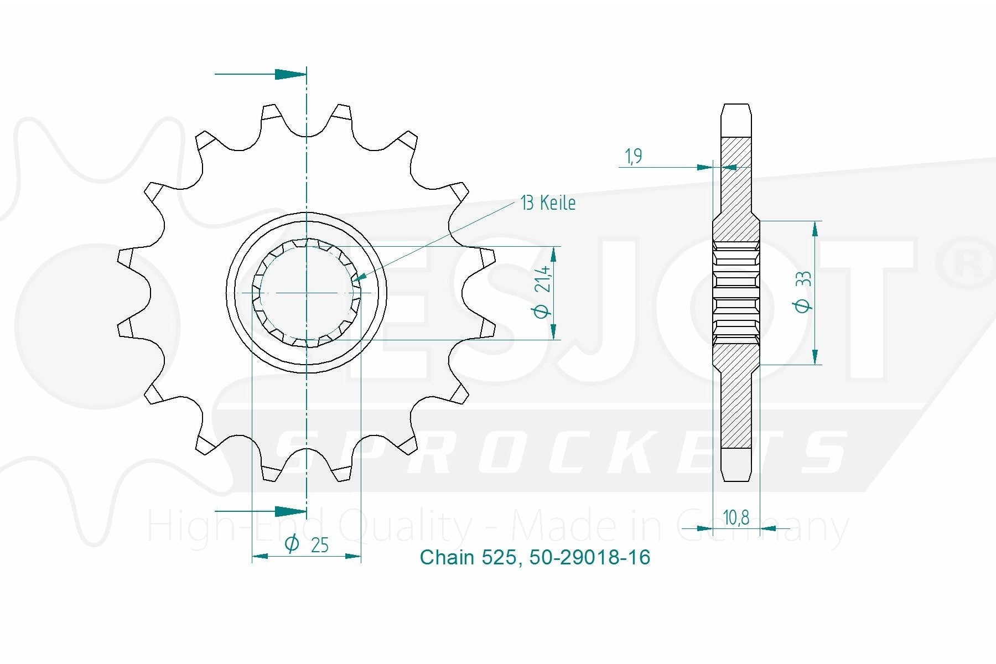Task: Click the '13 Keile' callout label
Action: (548, 203)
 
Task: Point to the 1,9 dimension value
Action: (634, 157)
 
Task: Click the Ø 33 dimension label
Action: (803, 292)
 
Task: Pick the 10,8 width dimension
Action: (736, 518)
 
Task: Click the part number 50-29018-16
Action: (590, 557)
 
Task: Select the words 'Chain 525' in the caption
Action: (469, 557)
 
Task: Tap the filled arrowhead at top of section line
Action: (291, 74)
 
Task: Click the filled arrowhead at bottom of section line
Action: (291, 511)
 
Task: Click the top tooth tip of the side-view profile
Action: (736, 105)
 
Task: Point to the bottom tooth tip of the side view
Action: (736, 480)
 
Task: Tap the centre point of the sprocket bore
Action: (306, 292)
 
